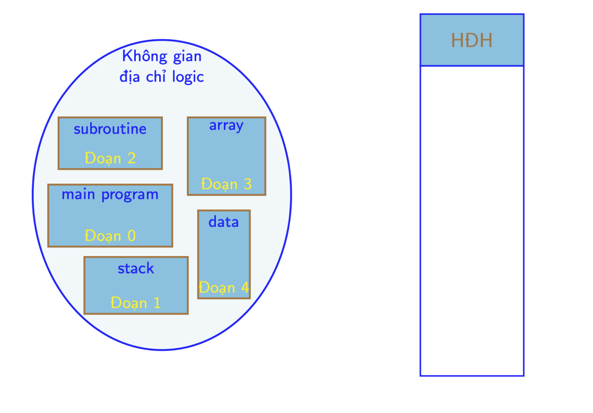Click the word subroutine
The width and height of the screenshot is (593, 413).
[x=110, y=129]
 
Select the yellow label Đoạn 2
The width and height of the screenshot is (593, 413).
[x=110, y=158]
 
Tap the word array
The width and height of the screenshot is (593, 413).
[x=226, y=126]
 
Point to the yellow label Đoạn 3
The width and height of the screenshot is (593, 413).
[x=226, y=184]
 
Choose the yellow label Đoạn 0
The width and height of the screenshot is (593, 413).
[x=110, y=236]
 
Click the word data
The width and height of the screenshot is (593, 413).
[x=223, y=222]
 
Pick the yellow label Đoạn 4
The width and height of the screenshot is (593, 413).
[x=224, y=287]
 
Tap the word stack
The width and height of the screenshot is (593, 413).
[x=136, y=269]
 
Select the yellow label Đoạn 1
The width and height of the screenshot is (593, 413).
[x=136, y=303]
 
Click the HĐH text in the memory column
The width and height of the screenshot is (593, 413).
[x=472, y=40]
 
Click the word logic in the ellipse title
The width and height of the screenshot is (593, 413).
[x=188, y=77]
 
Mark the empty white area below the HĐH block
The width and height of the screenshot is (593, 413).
[x=472, y=221]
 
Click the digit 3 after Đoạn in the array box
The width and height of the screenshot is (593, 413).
[x=247, y=184]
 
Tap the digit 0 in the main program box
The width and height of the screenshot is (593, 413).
[x=132, y=236]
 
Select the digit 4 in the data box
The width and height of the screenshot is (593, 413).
[x=245, y=287]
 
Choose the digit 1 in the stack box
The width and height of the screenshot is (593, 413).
[x=157, y=303]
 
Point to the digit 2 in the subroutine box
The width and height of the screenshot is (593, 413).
[x=132, y=158]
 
